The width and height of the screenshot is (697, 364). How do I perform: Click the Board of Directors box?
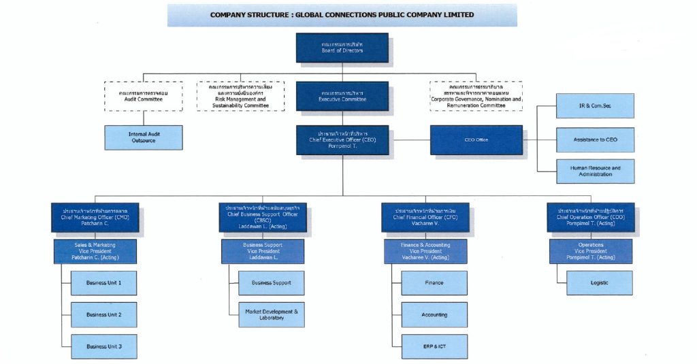click(x=342, y=48)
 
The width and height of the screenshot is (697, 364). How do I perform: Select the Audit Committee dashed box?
click(x=143, y=96)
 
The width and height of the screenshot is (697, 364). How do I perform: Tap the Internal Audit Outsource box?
click(x=143, y=137)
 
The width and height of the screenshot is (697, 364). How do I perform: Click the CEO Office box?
click(x=476, y=139)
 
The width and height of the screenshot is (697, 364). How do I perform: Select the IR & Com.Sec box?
click(x=595, y=106)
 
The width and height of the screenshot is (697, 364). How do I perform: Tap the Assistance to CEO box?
click(x=595, y=139)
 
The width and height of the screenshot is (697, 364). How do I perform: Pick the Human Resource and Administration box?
click(x=595, y=171)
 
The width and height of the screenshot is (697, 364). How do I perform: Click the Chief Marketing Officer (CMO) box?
click(x=95, y=217)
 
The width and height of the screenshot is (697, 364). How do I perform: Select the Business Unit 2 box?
click(x=104, y=315)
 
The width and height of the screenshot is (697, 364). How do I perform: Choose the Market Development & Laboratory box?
click(x=271, y=315)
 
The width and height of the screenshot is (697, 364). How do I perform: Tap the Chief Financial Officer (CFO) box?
click(x=425, y=217)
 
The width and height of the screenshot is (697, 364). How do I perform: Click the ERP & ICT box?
click(x=434, y=347)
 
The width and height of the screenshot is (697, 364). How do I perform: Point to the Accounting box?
click(x=434, y=315)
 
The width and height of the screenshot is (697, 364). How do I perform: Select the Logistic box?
click(x=599, y=282)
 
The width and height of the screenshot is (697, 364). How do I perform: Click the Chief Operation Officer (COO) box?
click(x=590, y=217)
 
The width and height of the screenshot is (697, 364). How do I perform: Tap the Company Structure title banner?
click(x=342, y=15)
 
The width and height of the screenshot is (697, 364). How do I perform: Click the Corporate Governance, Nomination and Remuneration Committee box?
click(x=476, y=96)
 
